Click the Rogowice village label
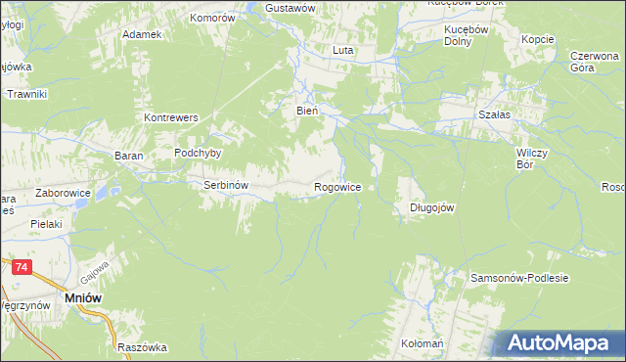point(337,186)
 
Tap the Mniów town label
point(82,297)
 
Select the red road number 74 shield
point(22,265)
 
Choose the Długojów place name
point(430,207)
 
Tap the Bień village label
point(307,112)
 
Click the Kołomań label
point(423,345)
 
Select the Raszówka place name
point(142,347)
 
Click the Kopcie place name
point(538,39)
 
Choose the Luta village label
point(342,50)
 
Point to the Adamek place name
point(141,34)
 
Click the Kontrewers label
point(171,117)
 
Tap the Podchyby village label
point(198,153)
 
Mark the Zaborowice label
point(63,194)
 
